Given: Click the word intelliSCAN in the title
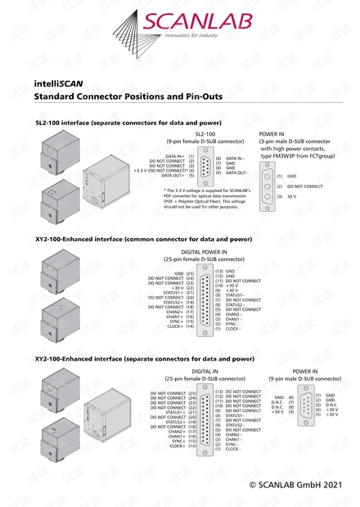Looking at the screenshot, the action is point(58,83).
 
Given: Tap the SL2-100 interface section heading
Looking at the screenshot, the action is point(122,123).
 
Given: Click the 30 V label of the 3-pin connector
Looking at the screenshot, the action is point(292,196).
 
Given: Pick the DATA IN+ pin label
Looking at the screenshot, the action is point(175,155).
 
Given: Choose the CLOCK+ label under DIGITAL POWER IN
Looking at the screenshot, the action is point(173,327).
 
